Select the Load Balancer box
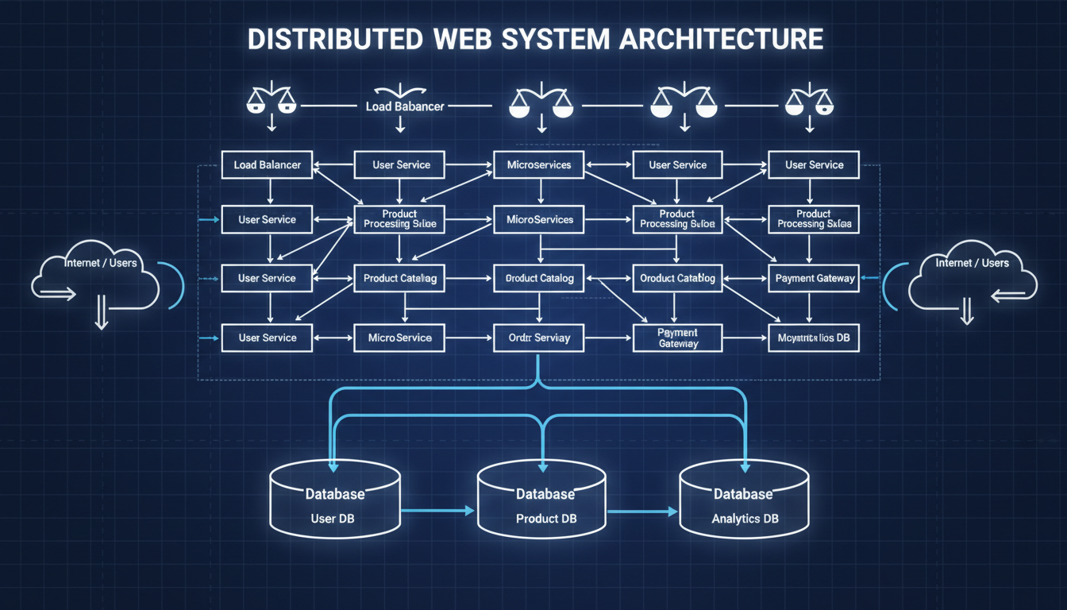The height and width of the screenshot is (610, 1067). [x=267, y=165]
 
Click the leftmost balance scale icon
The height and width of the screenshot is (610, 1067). [x=271, y=101]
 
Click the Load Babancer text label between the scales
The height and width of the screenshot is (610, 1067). [x=404, y=106]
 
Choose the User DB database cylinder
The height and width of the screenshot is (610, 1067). [x=334, y=500]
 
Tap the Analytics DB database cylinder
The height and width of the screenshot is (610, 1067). [x=744, y=500]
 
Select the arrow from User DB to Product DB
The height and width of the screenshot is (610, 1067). [x=437, y=511]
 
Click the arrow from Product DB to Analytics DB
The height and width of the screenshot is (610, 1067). [x=643, y=511]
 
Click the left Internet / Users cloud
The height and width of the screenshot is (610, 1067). [x=95, y=278]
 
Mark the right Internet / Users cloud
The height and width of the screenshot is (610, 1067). [x=972, y=278]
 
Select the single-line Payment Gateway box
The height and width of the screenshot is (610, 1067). [x=813, y=278]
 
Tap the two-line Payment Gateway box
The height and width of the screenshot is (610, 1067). [x=677, y=338]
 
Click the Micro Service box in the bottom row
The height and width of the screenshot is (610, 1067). [x=400, y=338]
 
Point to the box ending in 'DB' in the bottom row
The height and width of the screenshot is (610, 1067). [x=813, y=338]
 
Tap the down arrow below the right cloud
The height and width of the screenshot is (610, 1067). [x=966, y=312]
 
